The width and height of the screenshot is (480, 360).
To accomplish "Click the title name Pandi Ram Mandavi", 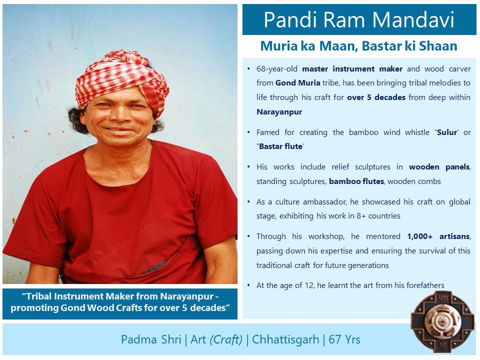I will tap(359, 20).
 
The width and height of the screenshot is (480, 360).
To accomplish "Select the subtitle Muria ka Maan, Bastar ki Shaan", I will tap(358, 46).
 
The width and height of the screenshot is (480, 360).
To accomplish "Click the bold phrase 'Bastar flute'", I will tap(280, 146).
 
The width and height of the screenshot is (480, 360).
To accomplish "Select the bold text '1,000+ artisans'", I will tap(438, 236).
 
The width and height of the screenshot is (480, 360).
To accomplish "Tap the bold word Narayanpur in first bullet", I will tap(279, 111).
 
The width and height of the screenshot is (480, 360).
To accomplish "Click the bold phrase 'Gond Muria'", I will tap(297, 83).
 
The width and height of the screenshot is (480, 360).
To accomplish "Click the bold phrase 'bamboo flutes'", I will tap(356, 181).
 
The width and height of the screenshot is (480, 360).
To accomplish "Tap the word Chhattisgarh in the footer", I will tap(285, 339).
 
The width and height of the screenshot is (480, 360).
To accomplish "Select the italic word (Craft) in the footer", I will tap(226, 339).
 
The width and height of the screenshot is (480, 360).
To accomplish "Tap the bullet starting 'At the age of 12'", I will tap(350, 285).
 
